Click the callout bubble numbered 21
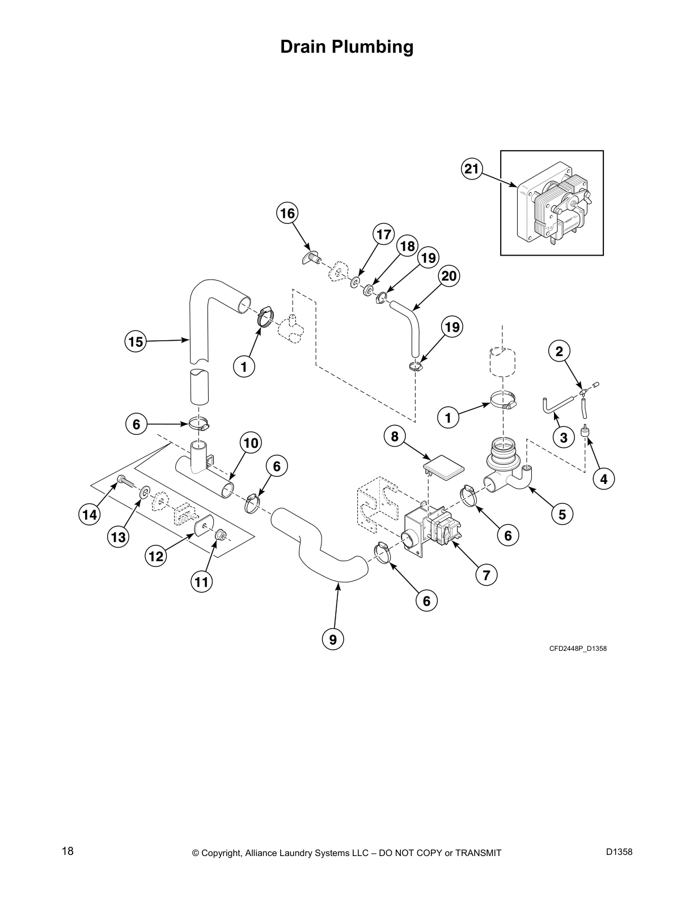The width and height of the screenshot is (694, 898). click(471, 168)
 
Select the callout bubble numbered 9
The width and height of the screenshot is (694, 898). click(333, 639)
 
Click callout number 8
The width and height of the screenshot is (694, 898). click(395, 436)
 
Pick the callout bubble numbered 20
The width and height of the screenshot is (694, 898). click(448, 276)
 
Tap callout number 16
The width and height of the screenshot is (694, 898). click(287, 213)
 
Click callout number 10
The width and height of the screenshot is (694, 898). click(251, 442)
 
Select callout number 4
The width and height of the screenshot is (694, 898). click(603, 479)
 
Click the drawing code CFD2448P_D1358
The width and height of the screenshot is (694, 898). click(578, 649)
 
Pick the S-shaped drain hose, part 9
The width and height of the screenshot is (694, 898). click(318, 550)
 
